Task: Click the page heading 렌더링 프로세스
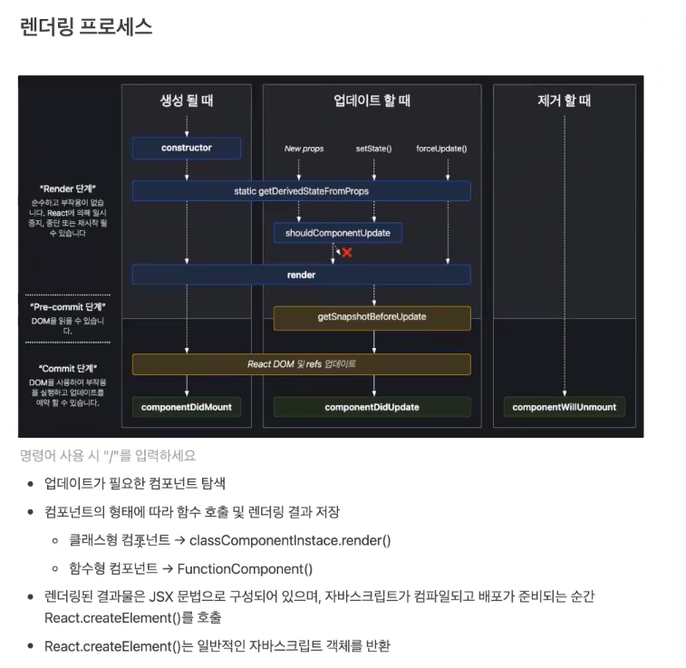coord(86,27)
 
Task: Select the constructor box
coord(186,148)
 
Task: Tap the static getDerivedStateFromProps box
coord(301,191)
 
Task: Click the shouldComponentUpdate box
coord(337,233)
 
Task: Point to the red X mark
coord(346,253)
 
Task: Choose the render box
coord(301,275)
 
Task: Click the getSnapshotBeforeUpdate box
coord(372,317)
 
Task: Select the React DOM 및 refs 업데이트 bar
coord(301,364)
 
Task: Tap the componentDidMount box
coord(186,407)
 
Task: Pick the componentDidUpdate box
coord(372,407)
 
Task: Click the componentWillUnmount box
coord(564,407)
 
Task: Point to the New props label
coord(304,148)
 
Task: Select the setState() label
coord(373,148)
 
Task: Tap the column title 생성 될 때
coord(186,101)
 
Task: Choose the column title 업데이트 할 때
coord(372,101)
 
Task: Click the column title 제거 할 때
coord(564,101)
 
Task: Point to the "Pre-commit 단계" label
coord(68,307)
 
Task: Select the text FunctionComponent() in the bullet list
coord(245,569)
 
